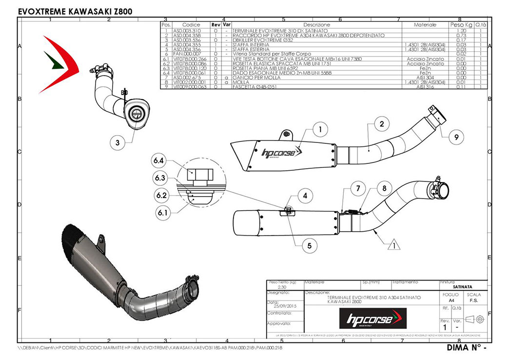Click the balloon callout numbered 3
[117, 143]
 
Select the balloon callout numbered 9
[456, 138]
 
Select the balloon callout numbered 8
[384, 188]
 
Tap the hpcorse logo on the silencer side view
[278, 153]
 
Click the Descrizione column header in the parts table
[316, 24]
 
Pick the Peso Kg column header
[461, 24]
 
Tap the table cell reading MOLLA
[241, 82]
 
